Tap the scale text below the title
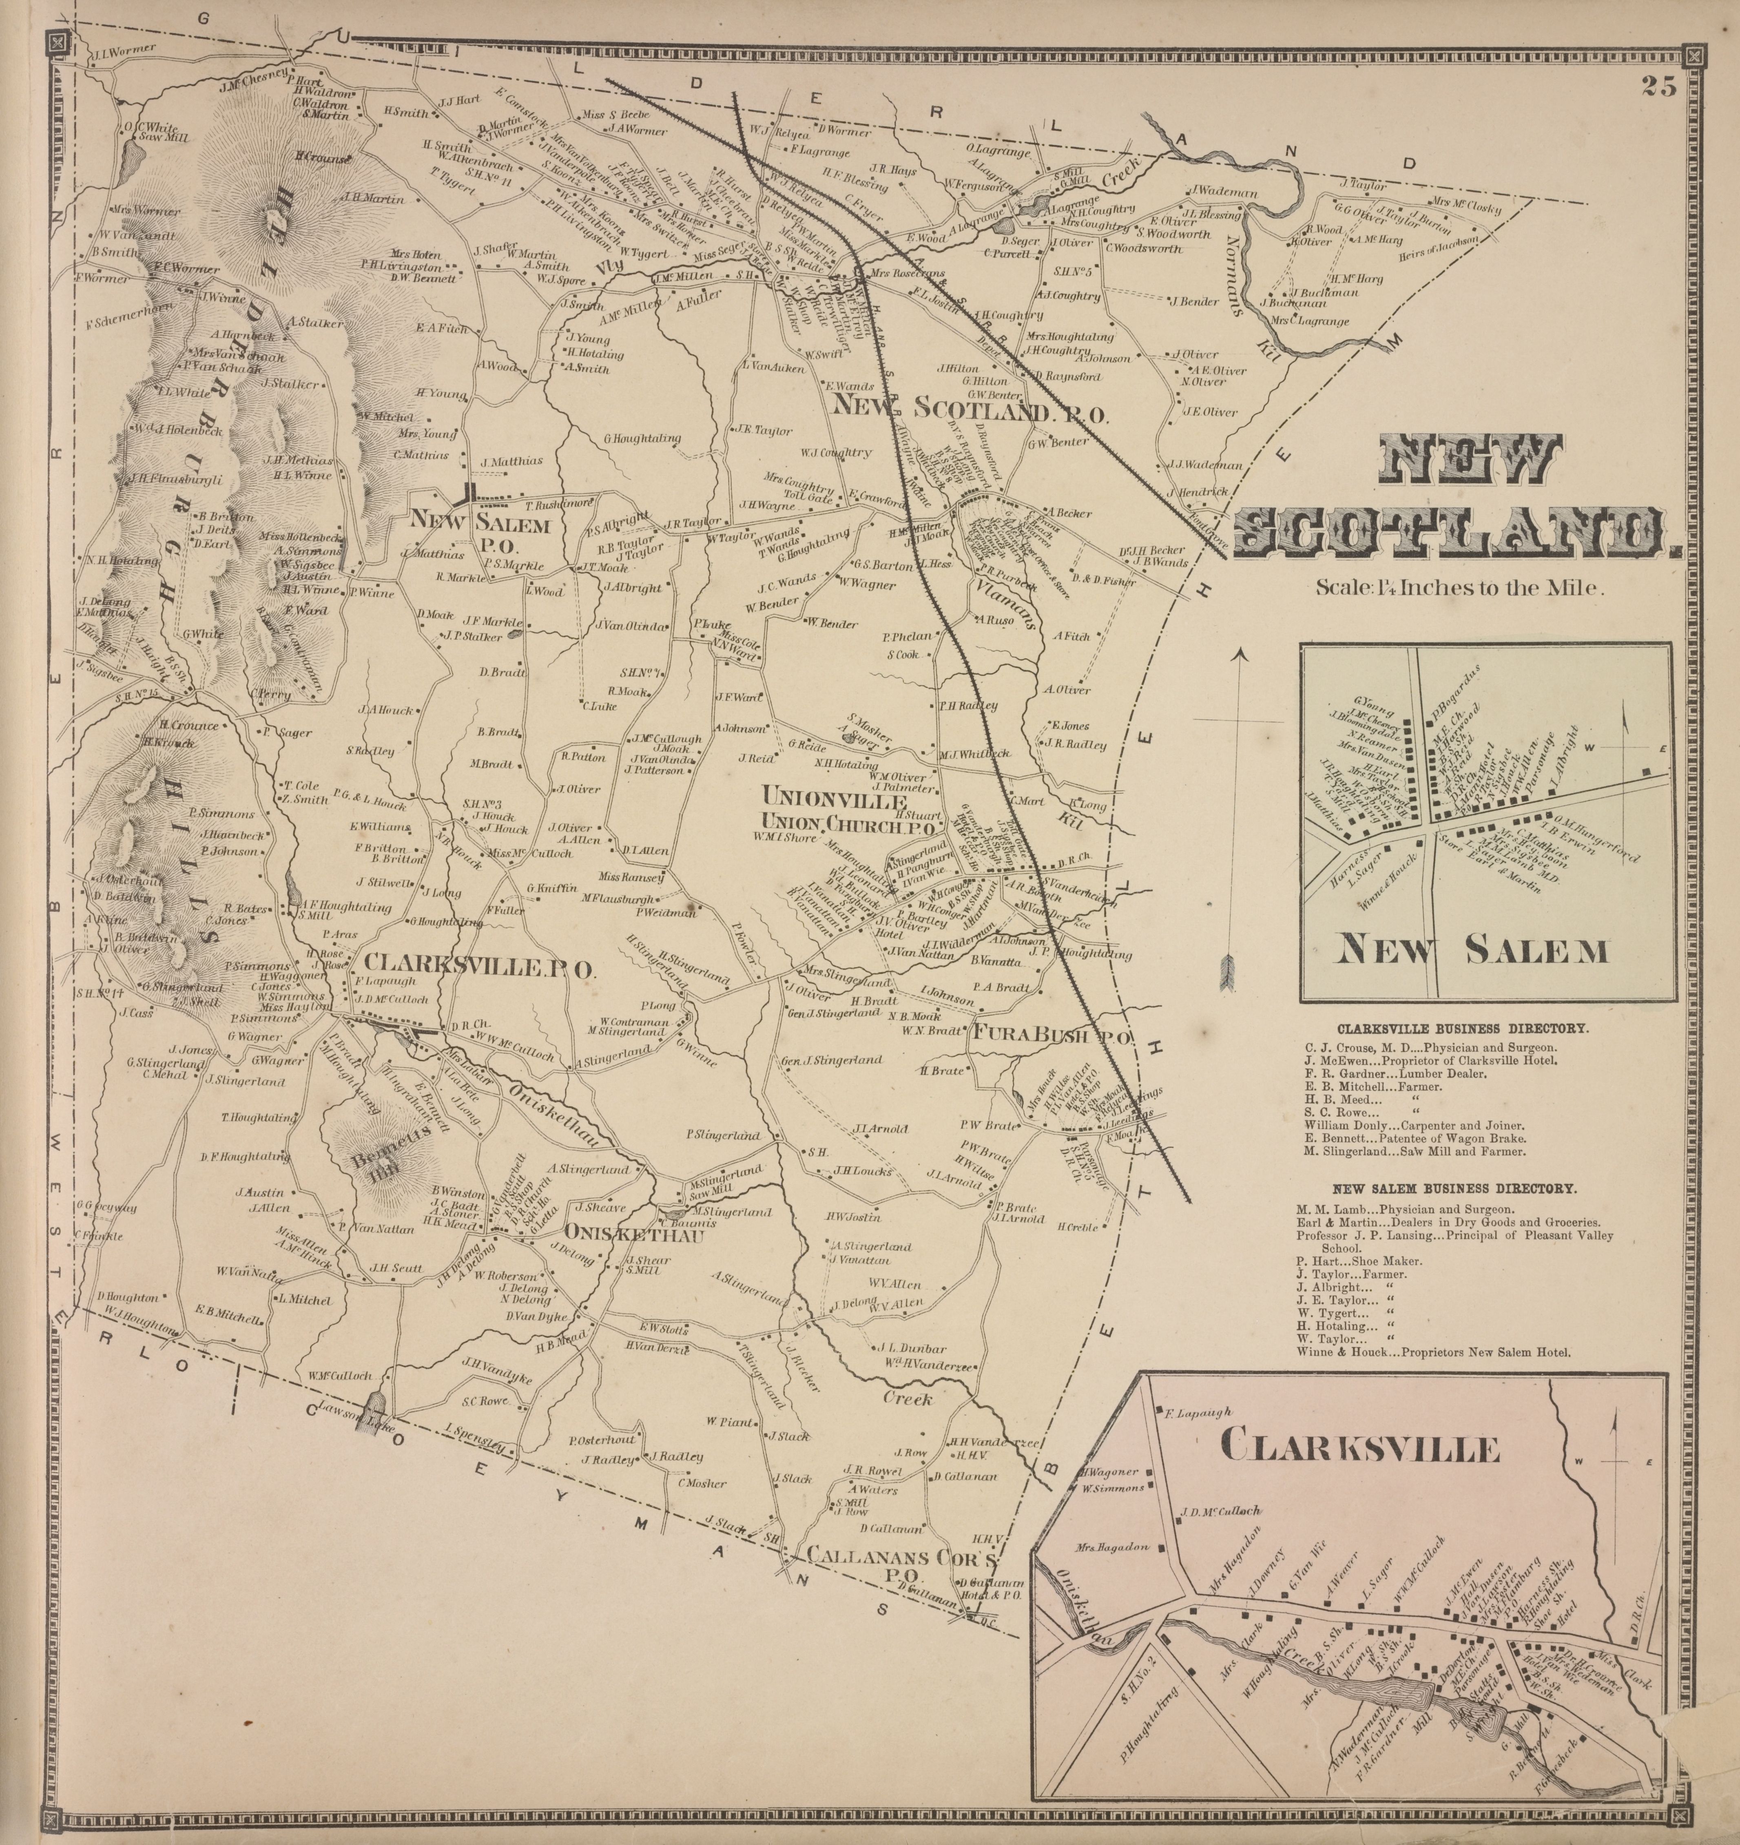(x=1459, y=586)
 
